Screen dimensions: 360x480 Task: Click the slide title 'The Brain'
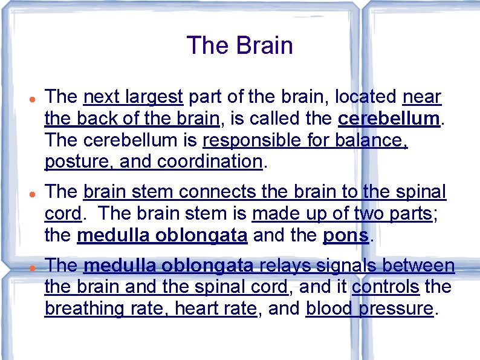click(239, 46)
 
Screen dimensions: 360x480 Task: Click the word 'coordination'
click(209, 162)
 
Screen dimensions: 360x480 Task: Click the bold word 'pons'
click(346, 236)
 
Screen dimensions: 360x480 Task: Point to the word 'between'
click(423, 266)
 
